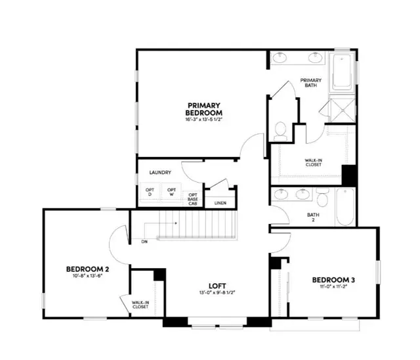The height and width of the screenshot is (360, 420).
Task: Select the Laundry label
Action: coord(160,173)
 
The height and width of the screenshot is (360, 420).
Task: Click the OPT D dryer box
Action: coord(149,192)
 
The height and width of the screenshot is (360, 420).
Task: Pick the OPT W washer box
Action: coord(171,192)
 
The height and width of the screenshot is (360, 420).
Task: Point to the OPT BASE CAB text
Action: coord(193,199)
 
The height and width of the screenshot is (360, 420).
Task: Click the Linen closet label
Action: coord(220,203)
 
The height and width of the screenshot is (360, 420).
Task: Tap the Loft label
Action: coord(217,285)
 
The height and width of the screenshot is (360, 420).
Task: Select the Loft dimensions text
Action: coord(217,293)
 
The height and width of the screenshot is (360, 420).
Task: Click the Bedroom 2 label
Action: coord(87,269)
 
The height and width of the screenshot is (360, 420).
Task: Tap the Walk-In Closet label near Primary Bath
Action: coord(312,162)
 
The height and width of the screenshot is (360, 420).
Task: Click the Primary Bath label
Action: coord(311,83)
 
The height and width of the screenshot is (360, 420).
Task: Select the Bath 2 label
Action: coord(312,217)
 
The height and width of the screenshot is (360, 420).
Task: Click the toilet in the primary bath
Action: coord(280,131)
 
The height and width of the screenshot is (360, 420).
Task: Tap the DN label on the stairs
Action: coord(144,242)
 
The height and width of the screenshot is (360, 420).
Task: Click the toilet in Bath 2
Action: coord(323,196)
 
